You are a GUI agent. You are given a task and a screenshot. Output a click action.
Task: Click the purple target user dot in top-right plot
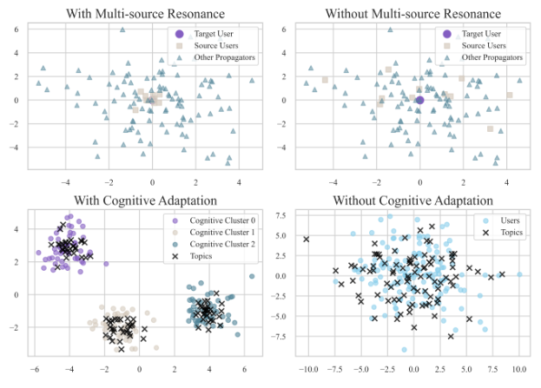click(x=419, y=100)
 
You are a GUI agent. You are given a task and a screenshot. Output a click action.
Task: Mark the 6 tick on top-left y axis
click(x=16, y=29)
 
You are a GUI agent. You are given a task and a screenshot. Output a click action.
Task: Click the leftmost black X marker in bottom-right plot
click(x=307, y=239)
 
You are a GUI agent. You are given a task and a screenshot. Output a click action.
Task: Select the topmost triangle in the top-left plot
click(x=122, y=30)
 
